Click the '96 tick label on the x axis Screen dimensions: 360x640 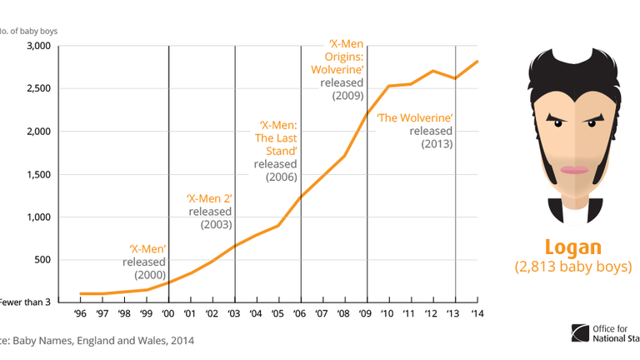tap(81, 314)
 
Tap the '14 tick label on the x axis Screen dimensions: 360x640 tap(477, 314)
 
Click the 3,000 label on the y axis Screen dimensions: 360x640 tap(39, 46)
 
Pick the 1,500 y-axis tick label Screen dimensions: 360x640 tap(39, 174)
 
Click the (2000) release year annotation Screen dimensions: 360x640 tap(150, 274)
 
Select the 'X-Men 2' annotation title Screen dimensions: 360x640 tap(208, 198)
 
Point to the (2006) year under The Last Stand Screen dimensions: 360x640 tap(282, 177)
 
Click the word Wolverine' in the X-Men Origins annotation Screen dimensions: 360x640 tap(337, 69)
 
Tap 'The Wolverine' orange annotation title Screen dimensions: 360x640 tap(414, 117)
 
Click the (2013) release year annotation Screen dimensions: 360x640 tap(436, 144)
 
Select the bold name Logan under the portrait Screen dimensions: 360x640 tap(572, 247)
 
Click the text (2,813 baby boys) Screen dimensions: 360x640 tap(572, 267)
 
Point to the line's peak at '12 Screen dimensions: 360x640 tap(432, 71)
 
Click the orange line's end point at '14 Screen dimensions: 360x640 tap(477, 62)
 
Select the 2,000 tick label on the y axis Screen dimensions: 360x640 tap(39, 132)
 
